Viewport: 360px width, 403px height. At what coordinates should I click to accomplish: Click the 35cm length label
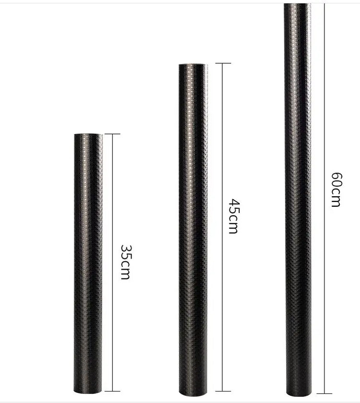point(126,262)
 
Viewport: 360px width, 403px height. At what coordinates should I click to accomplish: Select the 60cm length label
point(336,190)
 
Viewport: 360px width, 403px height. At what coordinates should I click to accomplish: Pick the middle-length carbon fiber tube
point(193,230)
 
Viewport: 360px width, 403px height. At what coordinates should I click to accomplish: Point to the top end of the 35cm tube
point(88,134)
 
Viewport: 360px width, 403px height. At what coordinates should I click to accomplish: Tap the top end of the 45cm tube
point(193,64)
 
